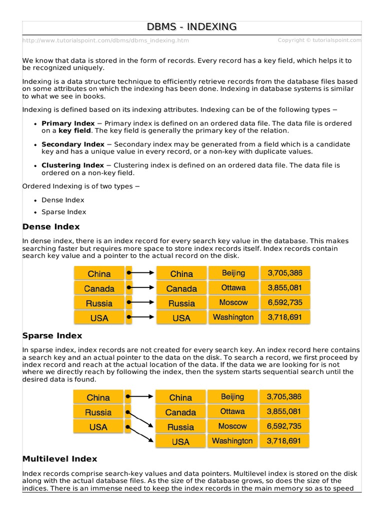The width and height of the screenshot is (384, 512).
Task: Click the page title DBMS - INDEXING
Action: [x=191, y=27]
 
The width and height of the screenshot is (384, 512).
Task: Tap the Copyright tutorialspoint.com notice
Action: [x=319, y=40]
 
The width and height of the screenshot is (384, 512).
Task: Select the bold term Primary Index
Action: [x=67, y=123]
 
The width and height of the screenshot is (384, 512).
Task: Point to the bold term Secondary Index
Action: [x=73, y=144]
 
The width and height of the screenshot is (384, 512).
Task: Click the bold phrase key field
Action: [x=74, y=130]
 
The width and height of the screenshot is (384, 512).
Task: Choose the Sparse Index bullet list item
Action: [x=63, y=212]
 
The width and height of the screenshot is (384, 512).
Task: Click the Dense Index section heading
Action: [x=50, y=227]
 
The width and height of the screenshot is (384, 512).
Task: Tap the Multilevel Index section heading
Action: [x=59, y=458]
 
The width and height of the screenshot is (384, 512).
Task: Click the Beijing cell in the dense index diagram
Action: [x=233, y=273]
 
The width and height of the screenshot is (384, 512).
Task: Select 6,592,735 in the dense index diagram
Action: [x=284, y=302]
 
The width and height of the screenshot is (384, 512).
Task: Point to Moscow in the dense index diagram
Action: [x=233, y=302]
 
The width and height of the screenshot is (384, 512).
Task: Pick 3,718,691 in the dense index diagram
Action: [x=284, y=317]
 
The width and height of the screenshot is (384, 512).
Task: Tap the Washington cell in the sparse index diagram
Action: [x=232, y=441]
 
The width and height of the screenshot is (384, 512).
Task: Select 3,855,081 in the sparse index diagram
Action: [x=284, y=411]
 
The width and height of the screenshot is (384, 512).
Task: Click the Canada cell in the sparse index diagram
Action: [x=180, y=412]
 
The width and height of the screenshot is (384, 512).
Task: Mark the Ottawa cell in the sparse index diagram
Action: [x=232, y=411]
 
